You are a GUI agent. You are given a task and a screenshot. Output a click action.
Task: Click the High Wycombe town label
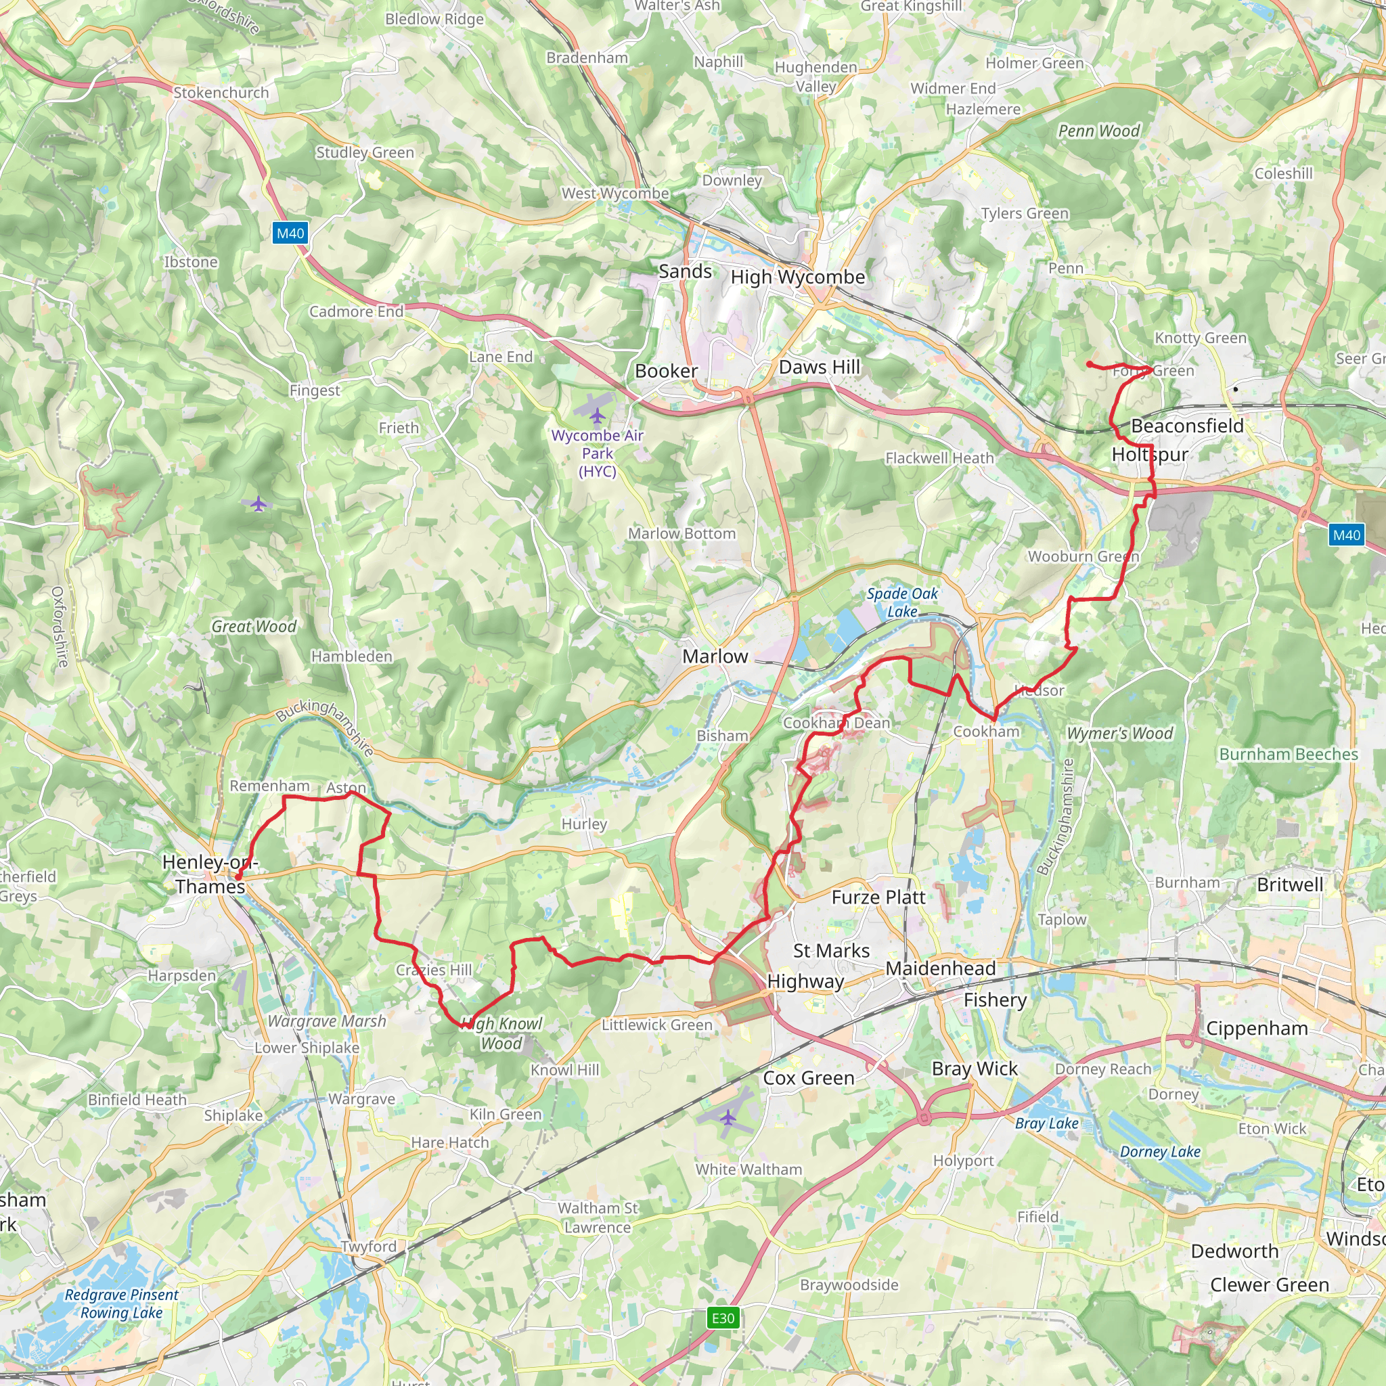(x=798, y=277)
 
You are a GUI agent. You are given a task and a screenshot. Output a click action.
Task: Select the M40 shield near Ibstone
(x=290, y=233)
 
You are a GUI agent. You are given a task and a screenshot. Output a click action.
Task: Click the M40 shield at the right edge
(x=1346, y=535)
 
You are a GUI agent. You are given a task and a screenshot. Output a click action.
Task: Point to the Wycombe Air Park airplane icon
(x=597, y=416)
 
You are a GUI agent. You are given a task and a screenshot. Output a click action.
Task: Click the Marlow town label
(x=715, y=656)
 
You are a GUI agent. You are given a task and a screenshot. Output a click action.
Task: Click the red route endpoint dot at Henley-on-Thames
(x=238, y=876)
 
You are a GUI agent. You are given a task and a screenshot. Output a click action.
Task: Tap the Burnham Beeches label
(x=1289, y=754)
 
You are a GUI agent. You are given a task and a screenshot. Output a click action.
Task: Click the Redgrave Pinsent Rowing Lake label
(x=121, y=1303)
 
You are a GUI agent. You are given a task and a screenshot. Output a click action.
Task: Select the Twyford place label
(x=368, y=1246)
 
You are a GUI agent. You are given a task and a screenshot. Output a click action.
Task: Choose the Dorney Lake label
(x=1160, y=1151)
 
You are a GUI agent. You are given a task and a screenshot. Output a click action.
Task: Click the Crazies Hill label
(x=434, y=970)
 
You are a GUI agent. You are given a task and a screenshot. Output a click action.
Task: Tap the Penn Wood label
(x=1098, y=131)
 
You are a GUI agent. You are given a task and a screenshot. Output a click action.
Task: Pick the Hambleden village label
(x=351, y=656)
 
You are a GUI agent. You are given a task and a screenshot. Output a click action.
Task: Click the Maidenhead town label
(x=941, y=968)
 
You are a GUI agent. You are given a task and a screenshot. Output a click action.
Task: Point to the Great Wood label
(x=254, y=626)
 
